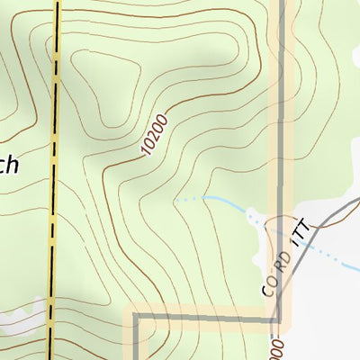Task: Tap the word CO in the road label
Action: pyautogui.click(x=268, y=287)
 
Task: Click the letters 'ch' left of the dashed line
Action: pyautogui.click(x=9, y=166)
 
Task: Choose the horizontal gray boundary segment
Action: pyautogui.click(x=207, y=316)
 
